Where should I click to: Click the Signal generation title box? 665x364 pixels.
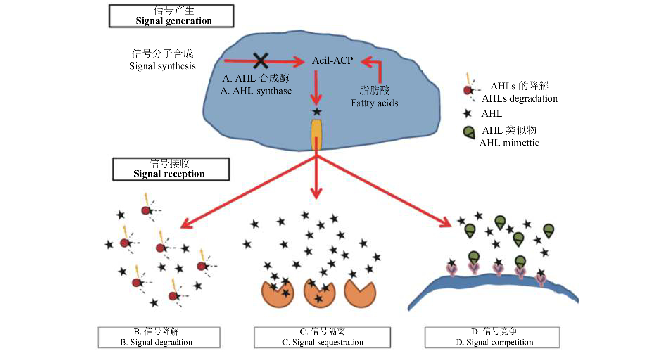pyautogui.click(x=171, y=16)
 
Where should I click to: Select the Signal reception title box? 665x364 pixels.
pyautogui.click(x=171, y=169)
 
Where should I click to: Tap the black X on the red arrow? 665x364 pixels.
pyautogui.click(x=261, y=60)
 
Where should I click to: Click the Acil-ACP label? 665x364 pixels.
pyautogui.click(x=332, y=60)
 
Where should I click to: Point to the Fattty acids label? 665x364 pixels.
pyautogui.click(x=374, y=103)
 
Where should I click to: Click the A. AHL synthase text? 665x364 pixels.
pyautogui.click(x=256, y=91)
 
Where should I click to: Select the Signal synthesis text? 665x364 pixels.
pyautogui.click(x=162, y=66)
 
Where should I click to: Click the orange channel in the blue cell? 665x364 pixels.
pyautogui.click(x=316, y=134)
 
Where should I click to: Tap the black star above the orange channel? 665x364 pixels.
pyautogui.click(x=317, y=112)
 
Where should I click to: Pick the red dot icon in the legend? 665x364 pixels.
pyautogui.click(x=468, y=90)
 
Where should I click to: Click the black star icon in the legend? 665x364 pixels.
pyautogui.click(x=467, y=113)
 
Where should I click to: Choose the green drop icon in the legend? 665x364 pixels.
pyautogui.click(x=469, y=133)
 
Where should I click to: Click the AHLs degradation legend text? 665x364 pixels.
pyautogui.click(x=520, y=98)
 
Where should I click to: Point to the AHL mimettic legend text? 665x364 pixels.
pyautogui.click(x=509, y=143)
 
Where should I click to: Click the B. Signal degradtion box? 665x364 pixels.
pyautogui.click(x=159, y=338)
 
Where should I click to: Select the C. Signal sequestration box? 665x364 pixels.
pyautogui.click(x=322, y=338)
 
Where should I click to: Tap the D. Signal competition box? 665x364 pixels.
pyautogui.click(x=492, y=338)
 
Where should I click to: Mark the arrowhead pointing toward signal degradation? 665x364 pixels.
pyautogui.click(x=185, y=225)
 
